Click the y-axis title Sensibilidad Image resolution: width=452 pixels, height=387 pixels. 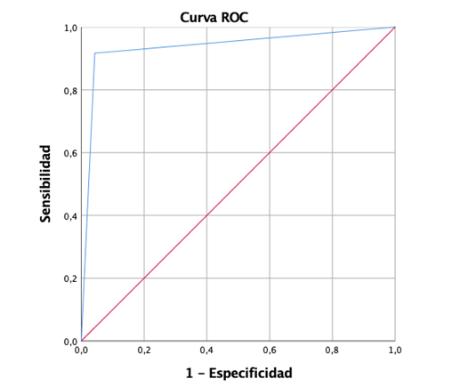tap(45, 184)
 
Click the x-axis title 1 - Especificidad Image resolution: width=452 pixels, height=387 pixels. tap(238, 372)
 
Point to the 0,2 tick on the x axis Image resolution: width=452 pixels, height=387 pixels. tap(144, 351)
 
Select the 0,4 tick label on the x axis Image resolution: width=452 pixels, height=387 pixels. tap(206, 351)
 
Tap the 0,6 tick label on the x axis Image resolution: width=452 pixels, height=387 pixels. tap(270, 351)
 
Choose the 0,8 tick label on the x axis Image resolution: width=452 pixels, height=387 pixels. tap(332, 351)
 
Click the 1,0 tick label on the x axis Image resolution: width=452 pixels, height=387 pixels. tap(394, 351)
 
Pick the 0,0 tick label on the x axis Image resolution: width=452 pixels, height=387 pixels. tap(81, 351)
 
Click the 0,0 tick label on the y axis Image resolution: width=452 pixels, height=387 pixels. tap(69, 341)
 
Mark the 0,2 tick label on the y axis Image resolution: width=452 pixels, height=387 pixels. tap(69, 278)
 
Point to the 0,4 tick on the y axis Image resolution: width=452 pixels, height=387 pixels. tap(69, 215)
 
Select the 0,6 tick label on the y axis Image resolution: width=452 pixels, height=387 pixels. tap(69, 153)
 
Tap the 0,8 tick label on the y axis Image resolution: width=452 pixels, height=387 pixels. tap(69, 90)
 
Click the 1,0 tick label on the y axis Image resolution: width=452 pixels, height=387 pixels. tap(69, 28)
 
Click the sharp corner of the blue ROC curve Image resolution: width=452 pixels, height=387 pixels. tap(94, 53)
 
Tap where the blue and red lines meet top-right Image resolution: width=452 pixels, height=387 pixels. tap(394, 27)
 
